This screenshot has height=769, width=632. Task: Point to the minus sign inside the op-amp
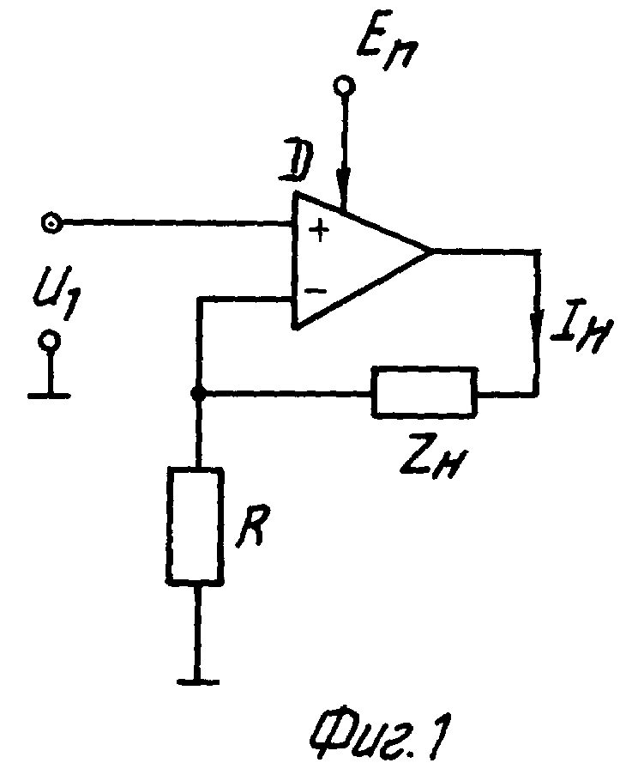316,291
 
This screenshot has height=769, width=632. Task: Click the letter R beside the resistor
253,528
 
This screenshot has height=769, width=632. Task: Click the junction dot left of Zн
197,392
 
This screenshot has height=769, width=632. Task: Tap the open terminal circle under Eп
345,87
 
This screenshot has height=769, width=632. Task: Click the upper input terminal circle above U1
51,223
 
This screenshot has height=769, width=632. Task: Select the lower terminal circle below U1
50,341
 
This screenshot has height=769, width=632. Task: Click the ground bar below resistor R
198,681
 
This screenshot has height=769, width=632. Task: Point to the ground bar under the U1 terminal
50,396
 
